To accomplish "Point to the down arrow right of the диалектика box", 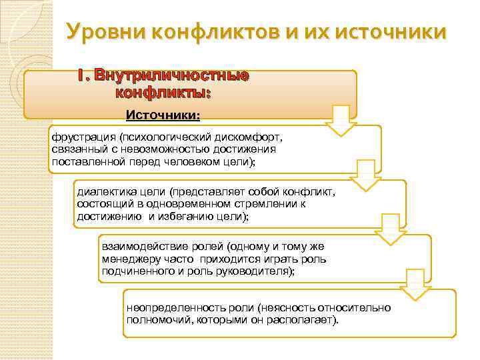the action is tap(390, 229).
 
